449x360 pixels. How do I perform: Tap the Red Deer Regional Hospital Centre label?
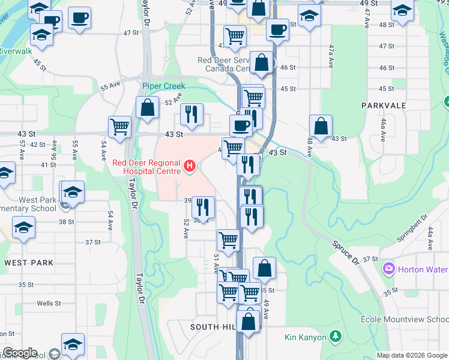(x=147, y=167)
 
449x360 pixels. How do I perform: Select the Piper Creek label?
(x=163, y=86)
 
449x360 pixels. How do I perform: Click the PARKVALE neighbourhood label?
(x=384, y=106)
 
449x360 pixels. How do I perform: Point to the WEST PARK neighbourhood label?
(x=28, y=263)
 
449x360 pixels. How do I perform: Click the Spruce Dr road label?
(x=344, y=251)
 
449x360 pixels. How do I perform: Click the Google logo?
(x=20, y=353)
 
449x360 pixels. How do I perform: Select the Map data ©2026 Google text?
(x=412, y=355)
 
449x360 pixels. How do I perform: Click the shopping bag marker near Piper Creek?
(x=147, y=108)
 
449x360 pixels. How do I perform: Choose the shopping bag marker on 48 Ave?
(x=321, y=126)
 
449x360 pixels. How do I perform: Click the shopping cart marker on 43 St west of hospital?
(x=120, y=127)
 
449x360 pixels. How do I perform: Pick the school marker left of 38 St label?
(x=24, y=228)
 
